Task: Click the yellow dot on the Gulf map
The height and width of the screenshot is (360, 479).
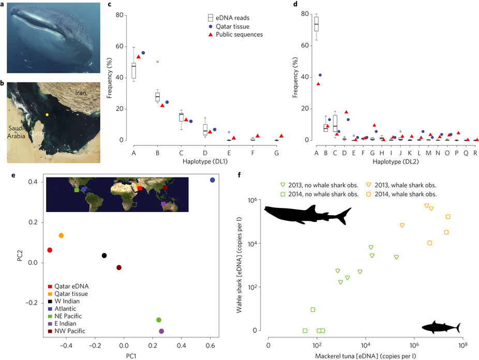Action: [x=47, y=114]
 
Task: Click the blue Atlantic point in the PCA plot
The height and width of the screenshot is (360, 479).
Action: [x=212, y=180]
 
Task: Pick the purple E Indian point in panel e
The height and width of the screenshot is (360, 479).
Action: [x=161, y=331]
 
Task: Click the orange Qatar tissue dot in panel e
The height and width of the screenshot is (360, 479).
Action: [x=61, y=235]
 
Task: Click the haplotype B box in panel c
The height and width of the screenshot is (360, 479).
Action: [x=158, y=97]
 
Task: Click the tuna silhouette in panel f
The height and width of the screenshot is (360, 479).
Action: [x=441, y=327]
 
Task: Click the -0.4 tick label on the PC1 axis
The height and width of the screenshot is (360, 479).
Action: [x=66, y=345]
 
